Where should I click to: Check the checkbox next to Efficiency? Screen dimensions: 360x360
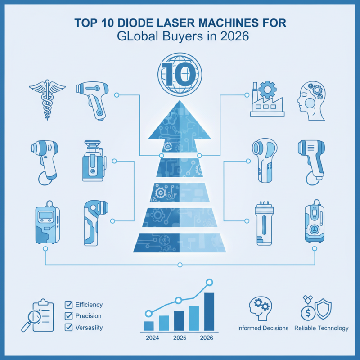pos(69,305)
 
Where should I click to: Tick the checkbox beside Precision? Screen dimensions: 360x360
pos(69,316)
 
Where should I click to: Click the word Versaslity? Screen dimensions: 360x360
pos(89,328)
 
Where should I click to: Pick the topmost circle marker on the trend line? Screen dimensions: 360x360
pos(209,283)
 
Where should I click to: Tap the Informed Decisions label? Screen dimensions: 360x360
pos(263,328)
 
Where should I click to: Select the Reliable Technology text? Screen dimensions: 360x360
pos(321,328)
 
